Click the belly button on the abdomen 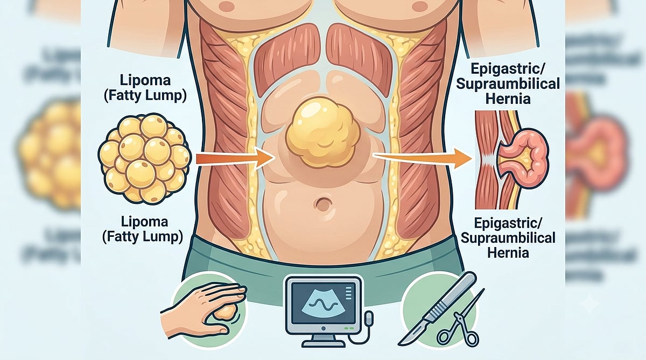point(324,204)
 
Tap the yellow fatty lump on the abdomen point(323,132)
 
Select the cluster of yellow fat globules point(144,159)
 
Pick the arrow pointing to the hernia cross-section point(423,158)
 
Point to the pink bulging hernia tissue point(523,158)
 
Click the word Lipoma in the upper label point(145,80)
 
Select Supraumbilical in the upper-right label point(508,84)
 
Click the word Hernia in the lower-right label point(508,252)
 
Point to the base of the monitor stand point(324,343)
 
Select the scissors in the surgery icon point(461,323)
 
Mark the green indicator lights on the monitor point(349,328)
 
